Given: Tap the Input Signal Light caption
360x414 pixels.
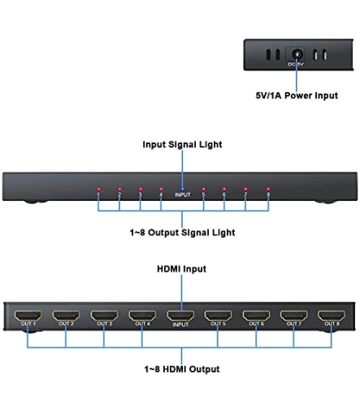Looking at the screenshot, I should [181, 145].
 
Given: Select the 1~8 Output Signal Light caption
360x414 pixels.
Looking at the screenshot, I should [181, 233].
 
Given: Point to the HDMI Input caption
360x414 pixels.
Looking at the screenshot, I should [181, 268].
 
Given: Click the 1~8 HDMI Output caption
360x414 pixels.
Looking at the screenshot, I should [181, 369].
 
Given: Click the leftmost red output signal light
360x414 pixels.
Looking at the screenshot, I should [98, 190].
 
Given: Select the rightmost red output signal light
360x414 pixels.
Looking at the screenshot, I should [267, 190].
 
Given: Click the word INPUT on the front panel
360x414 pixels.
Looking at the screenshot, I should [183, 195].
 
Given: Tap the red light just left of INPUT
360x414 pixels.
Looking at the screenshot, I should [161, 190].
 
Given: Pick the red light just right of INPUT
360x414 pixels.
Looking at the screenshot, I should [203, 190].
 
